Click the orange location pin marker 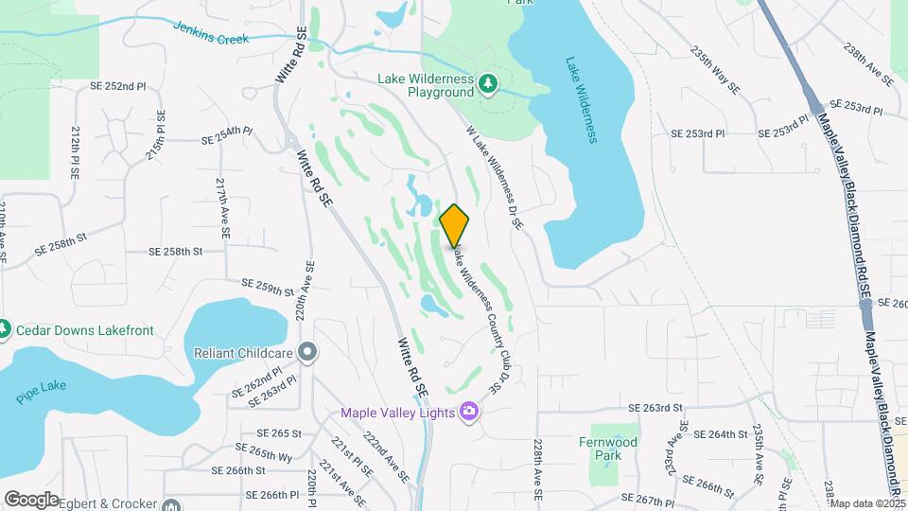tap(455, 225)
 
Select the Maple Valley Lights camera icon tap(467, 412)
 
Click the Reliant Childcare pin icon tap(307, 353)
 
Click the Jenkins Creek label tap(211, 33)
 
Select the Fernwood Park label tap(608, 448)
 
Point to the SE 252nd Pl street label tap(113, 86)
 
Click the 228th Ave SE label tap(538, 469)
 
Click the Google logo tap(30, 499)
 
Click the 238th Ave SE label tap(870, 65)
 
